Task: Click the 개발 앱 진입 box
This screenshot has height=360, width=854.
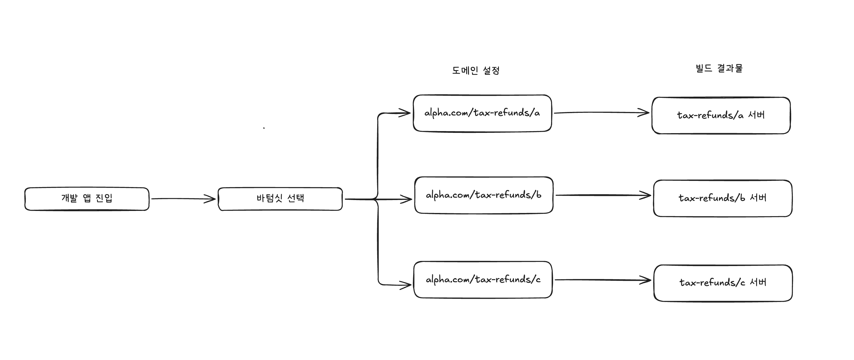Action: [87, 199]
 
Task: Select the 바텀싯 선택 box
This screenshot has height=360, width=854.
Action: [280, 199]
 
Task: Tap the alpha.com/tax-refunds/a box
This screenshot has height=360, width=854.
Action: [482, 113]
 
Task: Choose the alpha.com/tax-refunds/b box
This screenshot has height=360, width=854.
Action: [484, 195]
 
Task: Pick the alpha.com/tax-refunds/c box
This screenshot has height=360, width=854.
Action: [483, 280]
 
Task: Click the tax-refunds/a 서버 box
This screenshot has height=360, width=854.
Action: [721, 115]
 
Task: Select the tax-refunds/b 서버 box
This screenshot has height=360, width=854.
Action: [723, 198]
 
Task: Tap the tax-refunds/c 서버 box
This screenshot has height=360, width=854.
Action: [723, 283]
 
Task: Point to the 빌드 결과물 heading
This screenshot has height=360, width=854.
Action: [719, 68]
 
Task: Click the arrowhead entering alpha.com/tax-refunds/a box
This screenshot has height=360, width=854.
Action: [405, 113]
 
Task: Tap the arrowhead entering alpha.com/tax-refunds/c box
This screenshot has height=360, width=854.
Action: [406, 285]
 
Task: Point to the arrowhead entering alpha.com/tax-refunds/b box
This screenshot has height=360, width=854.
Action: [406, 199]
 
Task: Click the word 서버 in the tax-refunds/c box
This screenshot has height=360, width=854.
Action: [758, 283]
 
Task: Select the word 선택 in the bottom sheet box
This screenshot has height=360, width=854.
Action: [295, 198]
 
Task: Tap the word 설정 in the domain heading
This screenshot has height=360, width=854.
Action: [491, 70]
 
